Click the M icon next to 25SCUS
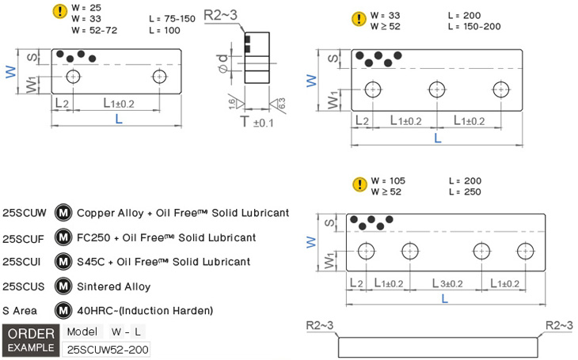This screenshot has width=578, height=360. pos(63,286)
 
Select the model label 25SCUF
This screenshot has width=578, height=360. pos(25,237)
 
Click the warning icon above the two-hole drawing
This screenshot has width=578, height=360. pos(59,11)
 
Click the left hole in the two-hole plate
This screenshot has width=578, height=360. pos(74,78)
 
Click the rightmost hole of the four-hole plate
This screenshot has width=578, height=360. pos(526,252)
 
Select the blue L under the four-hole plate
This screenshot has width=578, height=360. pos(445,300)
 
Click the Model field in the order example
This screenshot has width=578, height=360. pos(82,332)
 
